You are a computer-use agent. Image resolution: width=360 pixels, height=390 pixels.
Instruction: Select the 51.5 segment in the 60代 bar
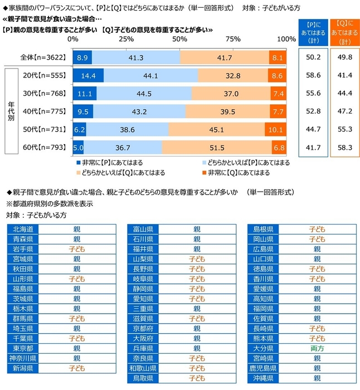click(x=217, y=148)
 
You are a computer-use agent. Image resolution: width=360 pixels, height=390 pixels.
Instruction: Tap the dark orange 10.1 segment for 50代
click(x=276, y=130)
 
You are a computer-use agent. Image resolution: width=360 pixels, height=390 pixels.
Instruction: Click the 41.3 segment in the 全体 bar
click(x=136, y=57)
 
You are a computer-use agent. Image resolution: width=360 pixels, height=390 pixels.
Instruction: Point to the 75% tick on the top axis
click(x=233, y=40)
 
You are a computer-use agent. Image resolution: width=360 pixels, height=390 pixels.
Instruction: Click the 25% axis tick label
click(x=126, y=40)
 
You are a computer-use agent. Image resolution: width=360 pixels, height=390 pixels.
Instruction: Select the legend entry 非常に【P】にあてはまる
click(x=106, y=162)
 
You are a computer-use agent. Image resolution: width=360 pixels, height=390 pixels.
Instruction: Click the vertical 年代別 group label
click(x=10, y=111)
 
